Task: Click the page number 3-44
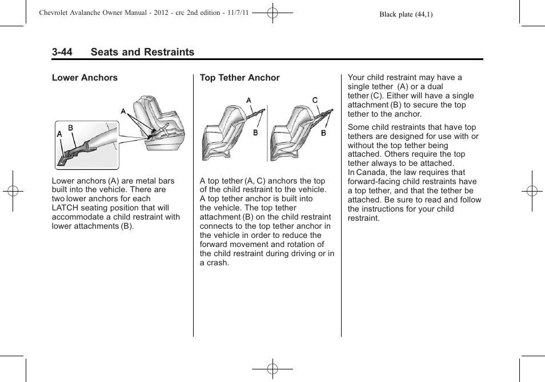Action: point(62,52)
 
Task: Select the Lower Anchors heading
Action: point(85,78)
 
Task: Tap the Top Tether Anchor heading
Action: point(239,78)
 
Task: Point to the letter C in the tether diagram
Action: point(315,100)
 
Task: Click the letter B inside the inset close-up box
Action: point(71,128)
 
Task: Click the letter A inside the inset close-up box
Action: point(59,134)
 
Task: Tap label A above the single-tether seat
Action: point(249,101)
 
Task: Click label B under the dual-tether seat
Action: point(323,133)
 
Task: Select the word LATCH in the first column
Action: point(65,208)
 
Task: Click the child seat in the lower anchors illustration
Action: point(157,123)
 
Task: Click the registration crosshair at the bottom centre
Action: point(272,369)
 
